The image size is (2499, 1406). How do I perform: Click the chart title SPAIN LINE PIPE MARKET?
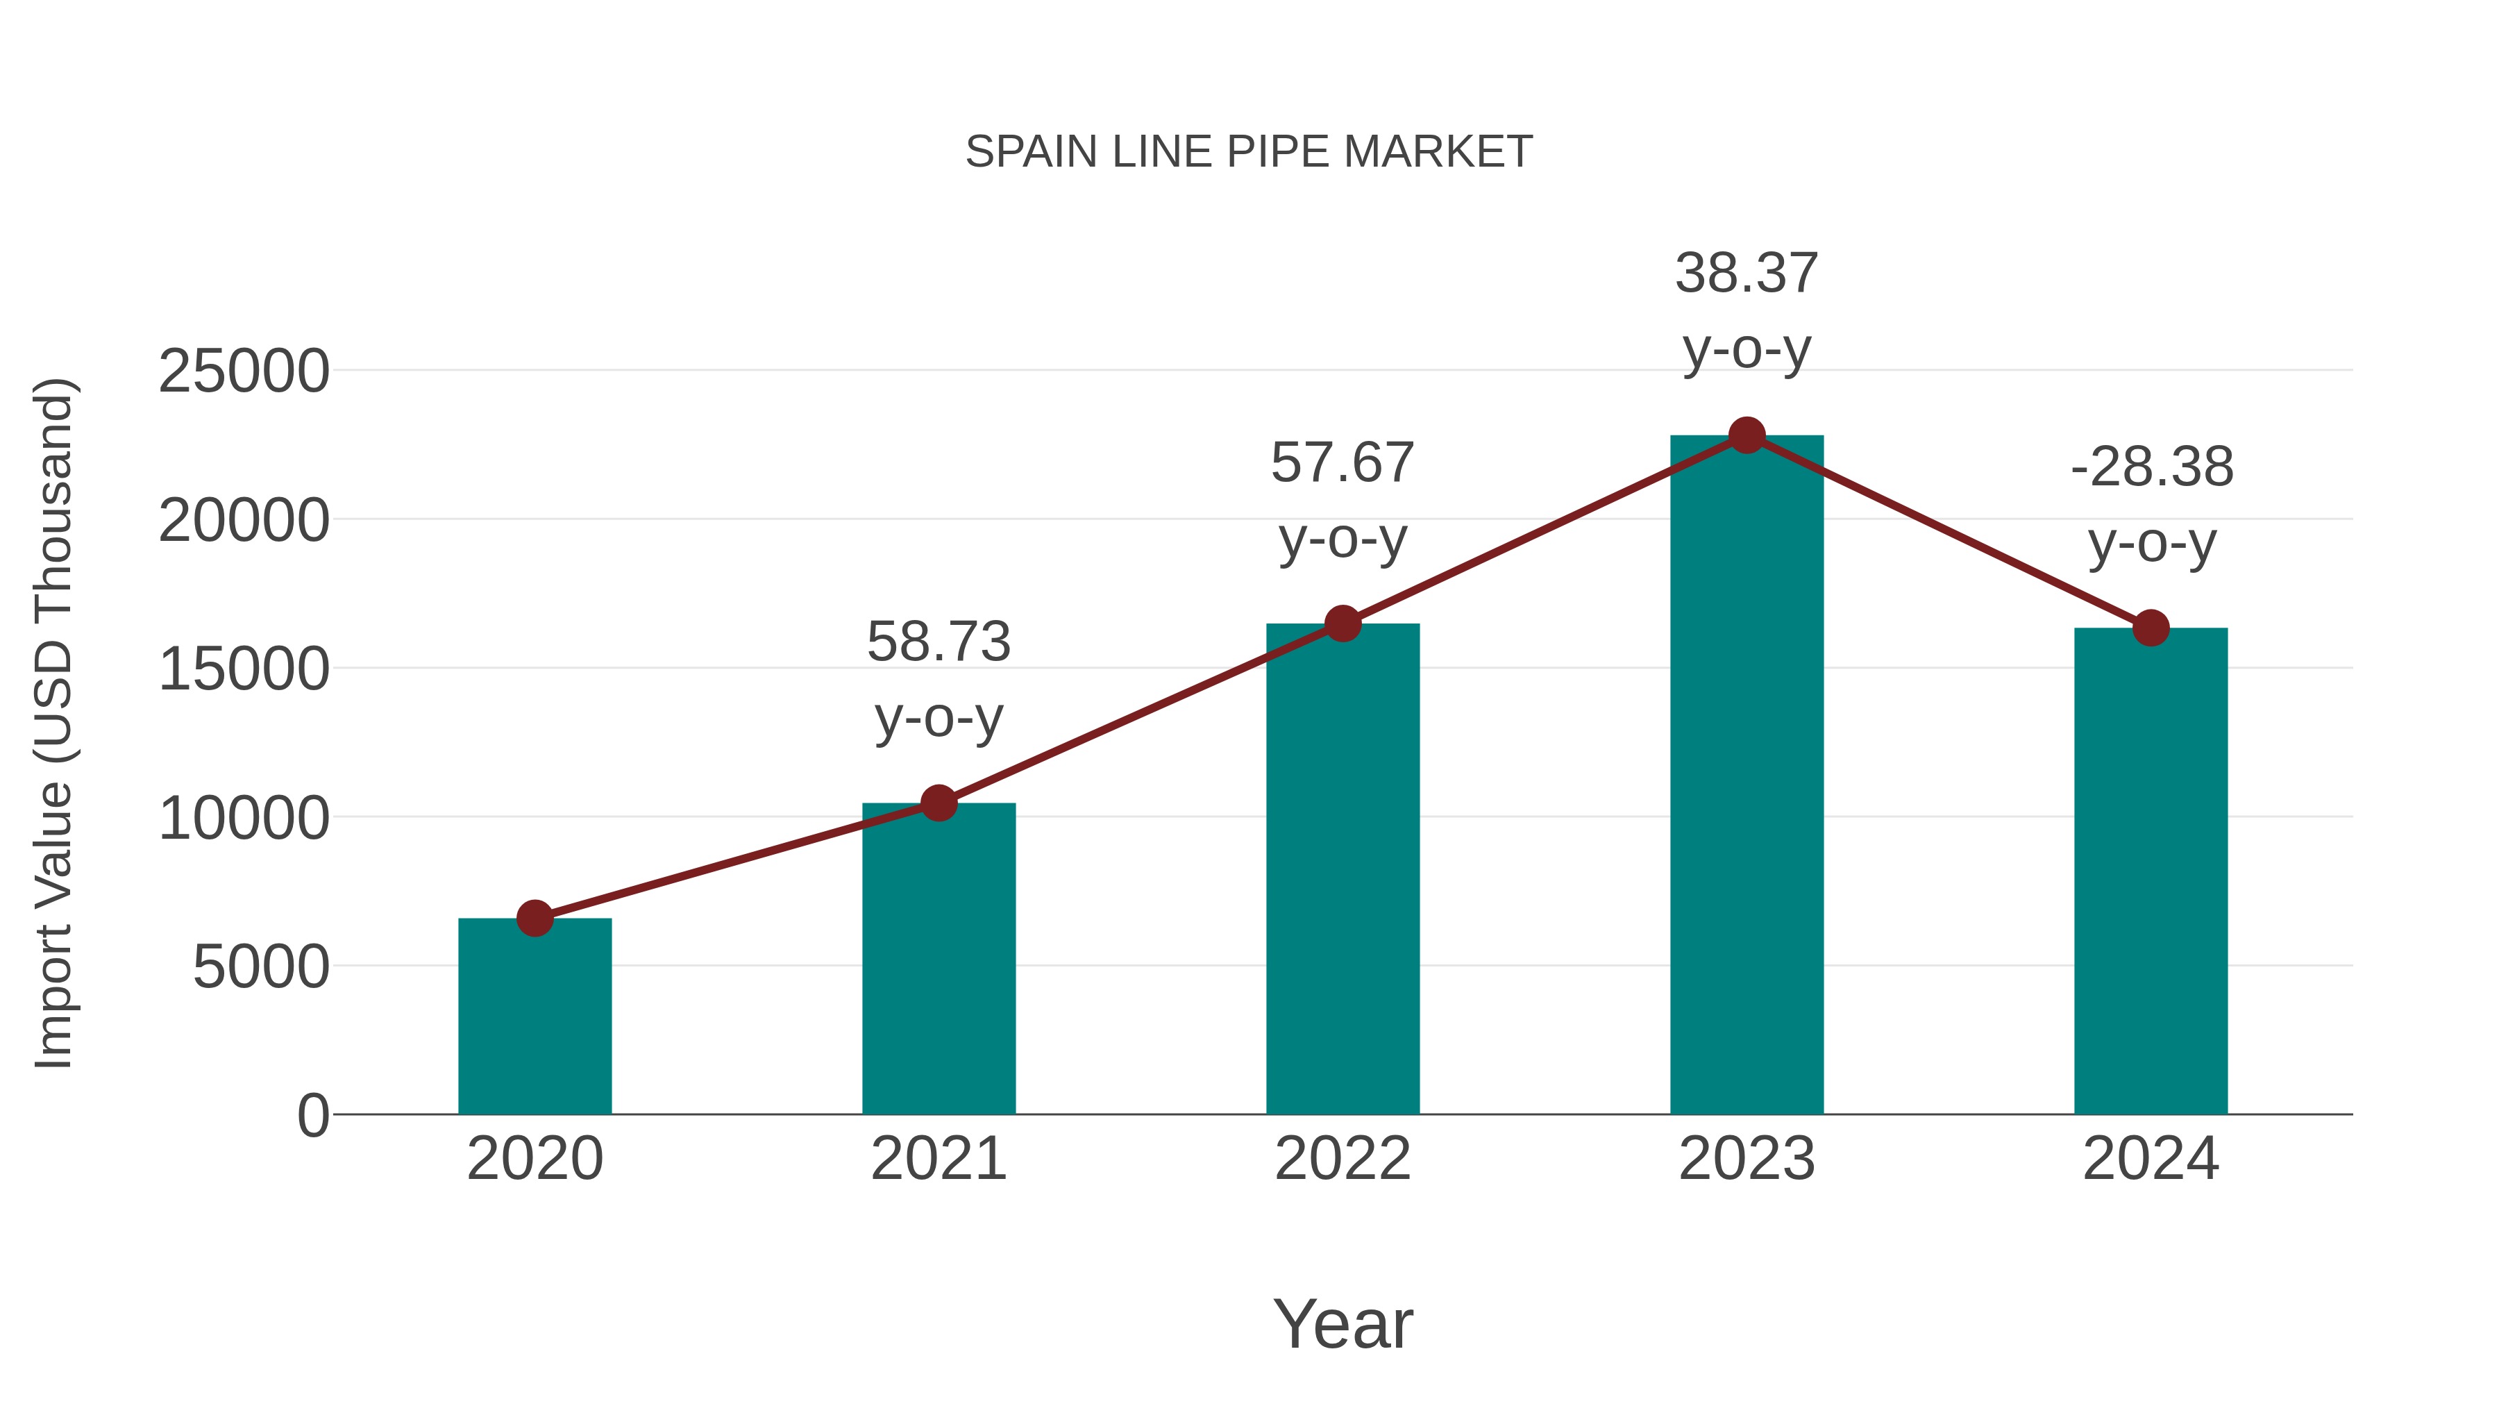[x=1249, y=151]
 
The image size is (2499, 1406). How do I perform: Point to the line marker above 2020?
[x=535, y=918]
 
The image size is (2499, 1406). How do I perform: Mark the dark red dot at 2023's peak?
[x=1747, y=435]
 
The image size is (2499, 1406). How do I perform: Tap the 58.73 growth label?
[x=938, y=642]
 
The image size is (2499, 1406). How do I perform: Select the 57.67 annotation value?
[x=1343, y=463]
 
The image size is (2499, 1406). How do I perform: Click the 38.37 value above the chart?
[x=1747, y=274]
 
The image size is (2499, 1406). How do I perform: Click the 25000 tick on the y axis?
[x=244, y=371]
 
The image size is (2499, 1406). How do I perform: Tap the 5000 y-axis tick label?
[x=261, y=967]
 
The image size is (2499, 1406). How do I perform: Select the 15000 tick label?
[x=244, y=669]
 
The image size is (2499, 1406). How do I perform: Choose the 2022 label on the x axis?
[x=1343, y=1159]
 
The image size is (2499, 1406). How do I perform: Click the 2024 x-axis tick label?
[x=2151, y=1159]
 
